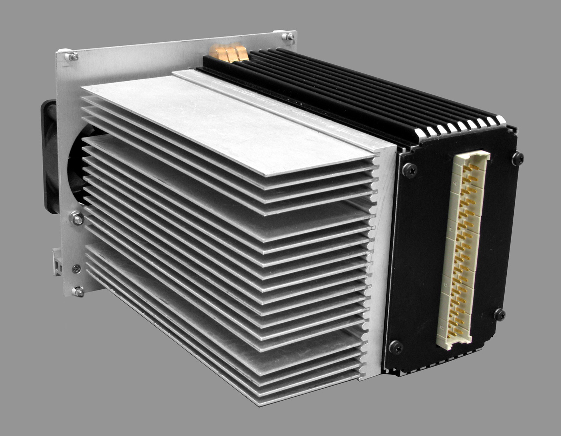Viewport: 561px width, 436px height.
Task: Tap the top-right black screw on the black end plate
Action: pyautogui.click(x=518, y=158)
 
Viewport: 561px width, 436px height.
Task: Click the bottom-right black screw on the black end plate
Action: pyautogui.click(x=500, y=314)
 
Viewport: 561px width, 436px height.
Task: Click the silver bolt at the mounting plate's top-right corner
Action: pyautogui.click(x=289, y=36)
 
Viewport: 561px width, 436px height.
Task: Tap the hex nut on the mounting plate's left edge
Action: pyautogui.click(x=77, y=219)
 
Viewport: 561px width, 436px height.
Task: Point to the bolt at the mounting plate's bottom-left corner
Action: pyautogui.click(x=79, y=291)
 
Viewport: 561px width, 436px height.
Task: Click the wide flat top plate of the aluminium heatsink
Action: pyautogui.click(x=224, y=119)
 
